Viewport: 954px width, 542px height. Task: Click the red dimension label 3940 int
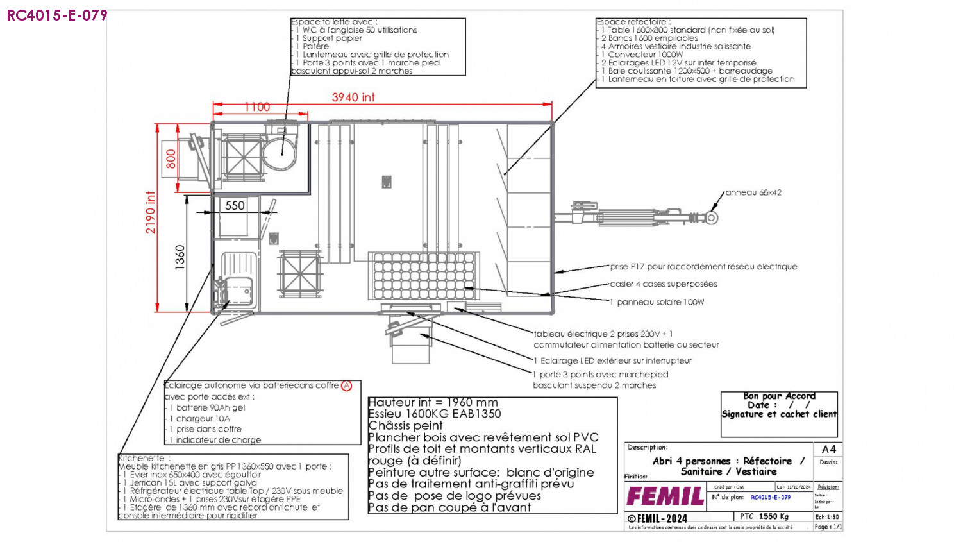pos(353,97)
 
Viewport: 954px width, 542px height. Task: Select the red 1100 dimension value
pos(257,107)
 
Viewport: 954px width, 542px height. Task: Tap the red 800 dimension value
pos(171,158)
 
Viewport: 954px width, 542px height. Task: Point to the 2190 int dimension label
pos(151,212)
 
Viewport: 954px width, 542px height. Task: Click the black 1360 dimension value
pos(180,257)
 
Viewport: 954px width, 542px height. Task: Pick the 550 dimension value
pos(235,206)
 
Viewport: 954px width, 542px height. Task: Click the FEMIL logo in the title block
pos(665,496)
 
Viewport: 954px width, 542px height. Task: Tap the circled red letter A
pos(347,385)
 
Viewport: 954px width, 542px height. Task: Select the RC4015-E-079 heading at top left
pos(57,15)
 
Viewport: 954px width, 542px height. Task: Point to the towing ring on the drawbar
pos(712,218)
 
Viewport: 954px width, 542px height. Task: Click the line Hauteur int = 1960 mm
pos(433,402)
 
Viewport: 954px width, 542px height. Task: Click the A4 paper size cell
pos(828,449)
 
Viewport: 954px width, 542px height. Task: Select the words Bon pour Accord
pos(779,396)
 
